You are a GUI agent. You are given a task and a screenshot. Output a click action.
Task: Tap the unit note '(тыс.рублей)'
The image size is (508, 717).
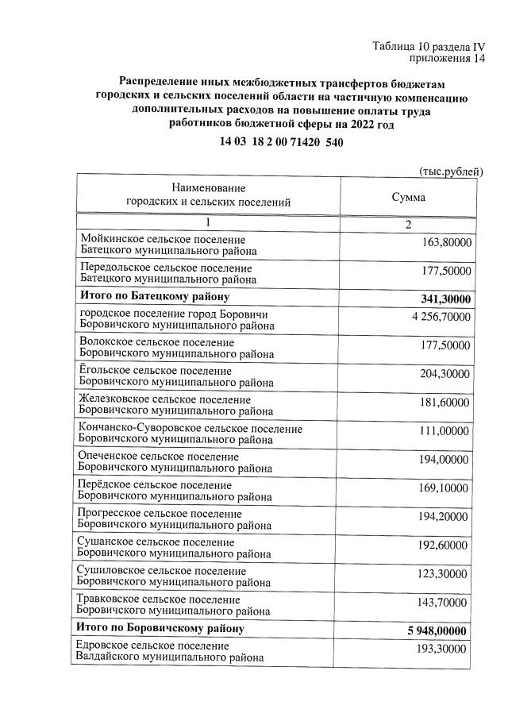pos(450,172)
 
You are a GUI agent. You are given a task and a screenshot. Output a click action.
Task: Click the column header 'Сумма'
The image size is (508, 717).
pos(408,196)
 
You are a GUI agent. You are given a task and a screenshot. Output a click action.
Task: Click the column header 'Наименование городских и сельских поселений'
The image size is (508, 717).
pos(208,195)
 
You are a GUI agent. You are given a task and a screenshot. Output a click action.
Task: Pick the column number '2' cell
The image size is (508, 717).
pos(408,225)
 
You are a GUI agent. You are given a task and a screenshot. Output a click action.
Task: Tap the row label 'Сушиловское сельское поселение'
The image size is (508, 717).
pos(163,571)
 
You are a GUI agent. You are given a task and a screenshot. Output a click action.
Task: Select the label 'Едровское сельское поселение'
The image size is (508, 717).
pos(155,646)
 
